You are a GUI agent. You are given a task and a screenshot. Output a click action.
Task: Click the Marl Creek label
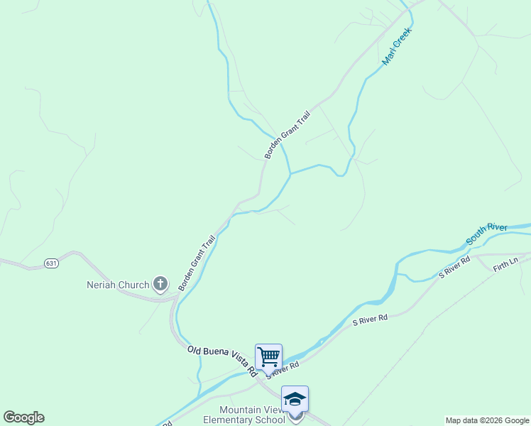398,48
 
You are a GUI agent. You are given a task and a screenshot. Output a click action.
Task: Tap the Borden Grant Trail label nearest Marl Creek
288,134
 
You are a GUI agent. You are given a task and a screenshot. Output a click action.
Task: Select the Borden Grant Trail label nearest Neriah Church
197,263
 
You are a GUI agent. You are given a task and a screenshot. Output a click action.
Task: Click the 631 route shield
50,263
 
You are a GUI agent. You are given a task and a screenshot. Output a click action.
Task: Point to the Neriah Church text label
118,285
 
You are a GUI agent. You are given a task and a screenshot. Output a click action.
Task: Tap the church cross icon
160,285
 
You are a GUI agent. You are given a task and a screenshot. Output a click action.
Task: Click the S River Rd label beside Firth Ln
454,267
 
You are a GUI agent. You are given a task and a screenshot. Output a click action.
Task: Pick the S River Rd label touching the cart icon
284,368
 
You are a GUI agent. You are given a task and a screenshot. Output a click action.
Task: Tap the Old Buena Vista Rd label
221,360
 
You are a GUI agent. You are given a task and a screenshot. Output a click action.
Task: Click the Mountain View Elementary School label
251,415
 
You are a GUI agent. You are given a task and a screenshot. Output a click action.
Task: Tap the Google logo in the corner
23,417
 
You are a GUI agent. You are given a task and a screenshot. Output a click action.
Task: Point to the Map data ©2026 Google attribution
487,420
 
